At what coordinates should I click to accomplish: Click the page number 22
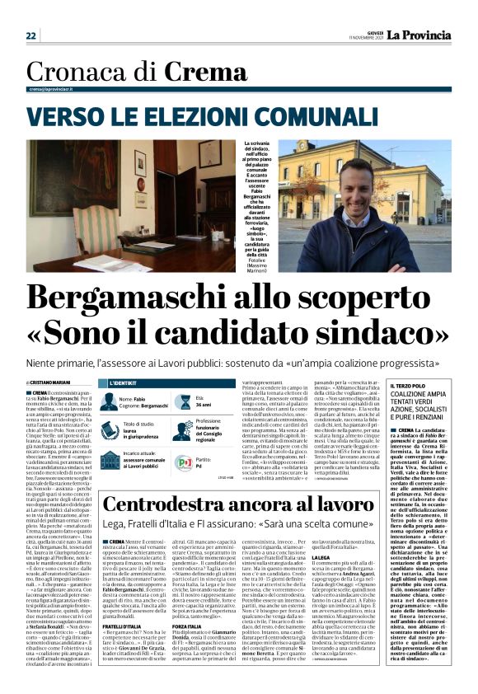coord(31,35)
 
